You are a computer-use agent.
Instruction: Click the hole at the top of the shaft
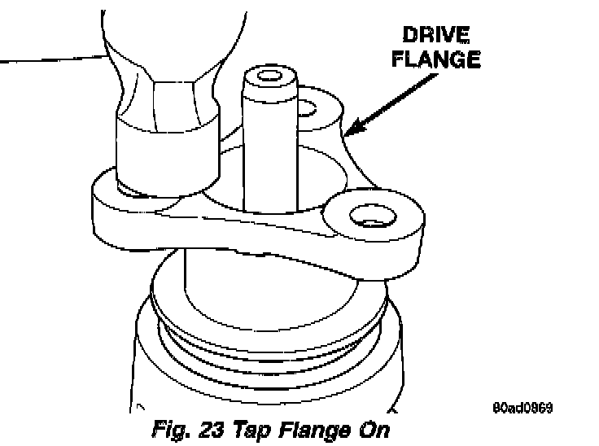pos(265,78)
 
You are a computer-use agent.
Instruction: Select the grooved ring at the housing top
pos(269,334)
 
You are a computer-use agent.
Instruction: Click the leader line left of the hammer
pos(49,59)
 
